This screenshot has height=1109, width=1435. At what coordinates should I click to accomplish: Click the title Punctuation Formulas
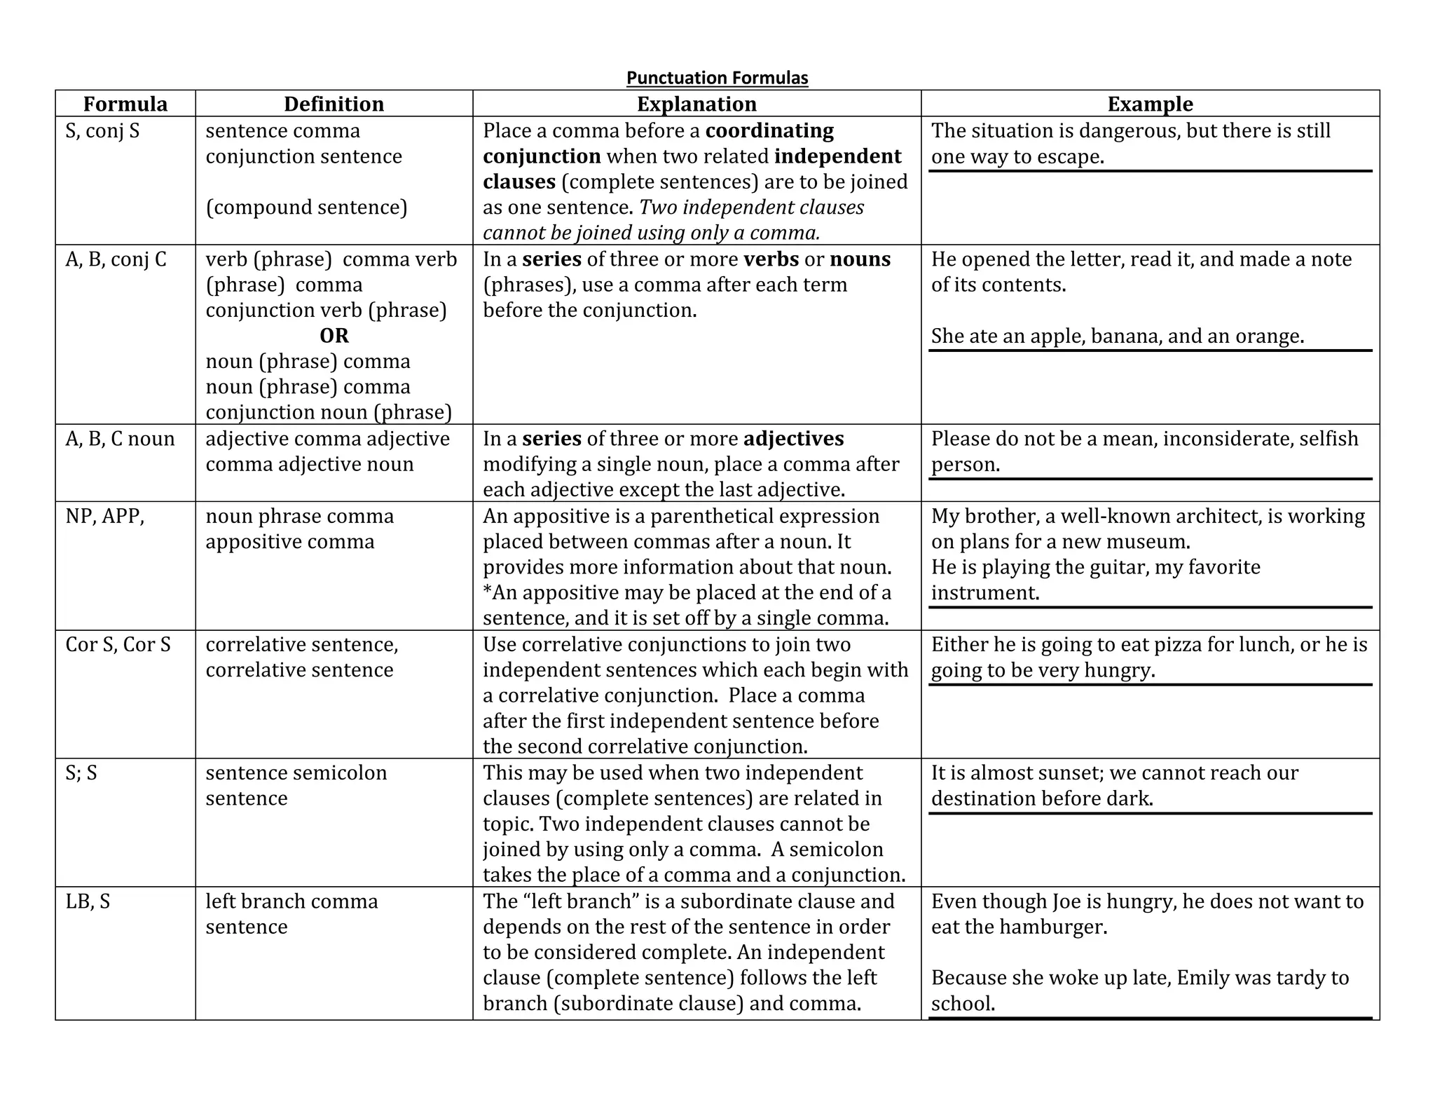coord(717,78)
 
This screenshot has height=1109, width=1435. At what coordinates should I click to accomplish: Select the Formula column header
coord(125,104)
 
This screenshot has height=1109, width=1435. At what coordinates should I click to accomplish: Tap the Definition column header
coord(334,104)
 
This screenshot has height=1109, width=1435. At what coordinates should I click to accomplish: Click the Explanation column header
coord(696,104)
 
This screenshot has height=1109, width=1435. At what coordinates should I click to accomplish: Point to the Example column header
coord(1150,104)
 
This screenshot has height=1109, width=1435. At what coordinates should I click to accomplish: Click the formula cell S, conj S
coord(102,131)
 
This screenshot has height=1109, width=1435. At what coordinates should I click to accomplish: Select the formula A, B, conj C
coord(116,260)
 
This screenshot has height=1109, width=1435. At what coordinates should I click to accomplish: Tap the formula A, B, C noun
coord(120,439)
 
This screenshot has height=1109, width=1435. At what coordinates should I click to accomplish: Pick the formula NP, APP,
coord(104,517)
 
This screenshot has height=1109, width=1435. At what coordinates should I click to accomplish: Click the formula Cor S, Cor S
coord(118,645)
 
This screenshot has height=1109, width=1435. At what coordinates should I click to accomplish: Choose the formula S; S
coord(81,773)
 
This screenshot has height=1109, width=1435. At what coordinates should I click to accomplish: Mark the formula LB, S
coord(88,902)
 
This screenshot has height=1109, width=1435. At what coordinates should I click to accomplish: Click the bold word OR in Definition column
coord(334,336)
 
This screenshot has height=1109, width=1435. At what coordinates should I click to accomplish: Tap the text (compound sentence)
coord(306,207)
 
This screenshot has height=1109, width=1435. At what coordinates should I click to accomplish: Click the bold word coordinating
coord(769,131)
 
